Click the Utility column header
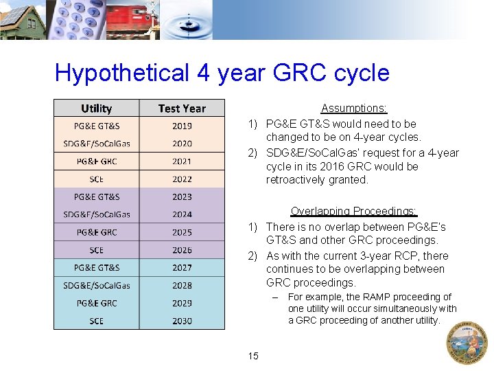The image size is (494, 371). click(x=96, y=109)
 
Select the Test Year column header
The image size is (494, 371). click(x=182, y=109)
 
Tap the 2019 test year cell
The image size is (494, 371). click(x=182, y=126)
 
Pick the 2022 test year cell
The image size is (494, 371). click(x=182, y=179)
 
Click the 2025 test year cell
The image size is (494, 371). click(x=182, y=232)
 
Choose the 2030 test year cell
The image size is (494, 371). click(x=182, y=321)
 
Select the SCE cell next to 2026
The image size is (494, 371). click(x=96, y=250)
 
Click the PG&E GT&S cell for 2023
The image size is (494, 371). click(x=96, y=197)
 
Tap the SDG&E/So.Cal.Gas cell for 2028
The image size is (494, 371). click(x=96, y=285)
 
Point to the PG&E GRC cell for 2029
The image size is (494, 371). click(x=96, y=303)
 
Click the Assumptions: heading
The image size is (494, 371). click(x=354, y=109)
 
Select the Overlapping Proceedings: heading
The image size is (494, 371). click(x=354, y=212)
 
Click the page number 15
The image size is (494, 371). click(x=253, y=356)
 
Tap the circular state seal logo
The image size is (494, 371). click(x=467, y=342)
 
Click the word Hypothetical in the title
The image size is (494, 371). click(x=111, y=73)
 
